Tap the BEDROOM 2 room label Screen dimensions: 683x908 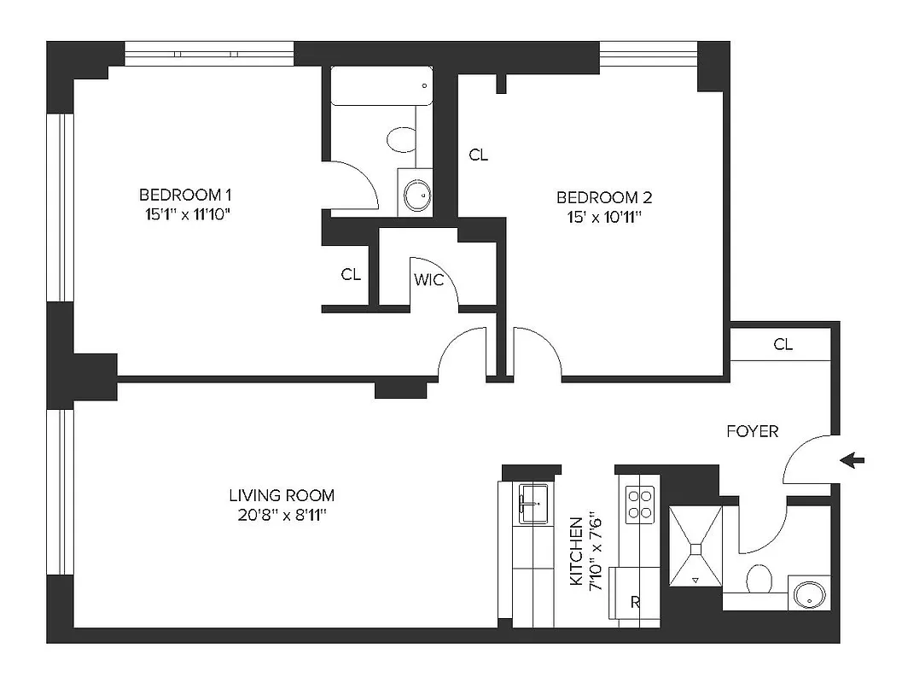(x=603, y=197)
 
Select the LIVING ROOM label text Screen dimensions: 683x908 (x=282, y=495)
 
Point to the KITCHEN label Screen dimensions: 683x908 (x=577, y=551)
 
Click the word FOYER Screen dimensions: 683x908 (x=752, y=431)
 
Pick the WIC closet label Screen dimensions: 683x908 (x=428, y=279)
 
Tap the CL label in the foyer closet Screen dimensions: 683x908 (x=783, y=345)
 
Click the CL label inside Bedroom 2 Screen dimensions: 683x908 (x=478, y=155)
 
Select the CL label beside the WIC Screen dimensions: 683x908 (x=350, y=275)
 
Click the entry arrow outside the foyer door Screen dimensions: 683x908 (x=852, y=461)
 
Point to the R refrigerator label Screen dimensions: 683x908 (x=634, y=602)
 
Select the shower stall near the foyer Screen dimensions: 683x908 (x=696, y=546)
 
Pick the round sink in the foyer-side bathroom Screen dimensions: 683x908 (x=806, y=593)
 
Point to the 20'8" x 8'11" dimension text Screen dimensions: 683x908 (x=282, y=515)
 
